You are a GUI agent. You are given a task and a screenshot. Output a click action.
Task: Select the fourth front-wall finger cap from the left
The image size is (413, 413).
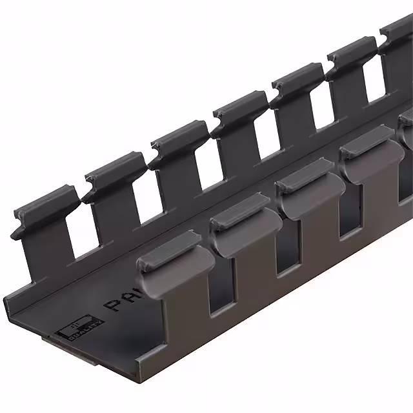pyautogui.click(x=368, y=155)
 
